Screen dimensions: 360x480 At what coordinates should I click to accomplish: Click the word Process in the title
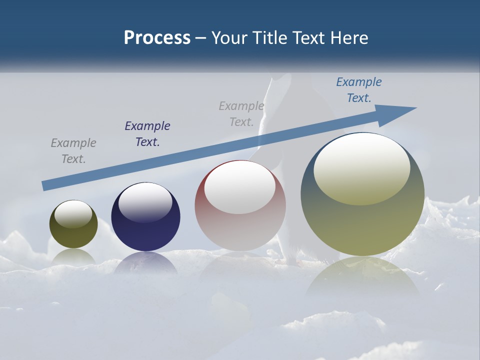point(157,38)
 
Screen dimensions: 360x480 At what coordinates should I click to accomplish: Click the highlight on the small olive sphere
point(73,214)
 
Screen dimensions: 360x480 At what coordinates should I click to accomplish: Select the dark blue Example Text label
point(147,134)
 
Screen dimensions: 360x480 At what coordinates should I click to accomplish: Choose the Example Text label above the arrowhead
point(358,90)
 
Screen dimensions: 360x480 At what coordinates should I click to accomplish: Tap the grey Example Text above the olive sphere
point(73,151)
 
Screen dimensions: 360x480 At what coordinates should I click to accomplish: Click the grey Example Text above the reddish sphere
point(241,114)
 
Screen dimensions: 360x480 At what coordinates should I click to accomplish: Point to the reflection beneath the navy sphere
point(145,263)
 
